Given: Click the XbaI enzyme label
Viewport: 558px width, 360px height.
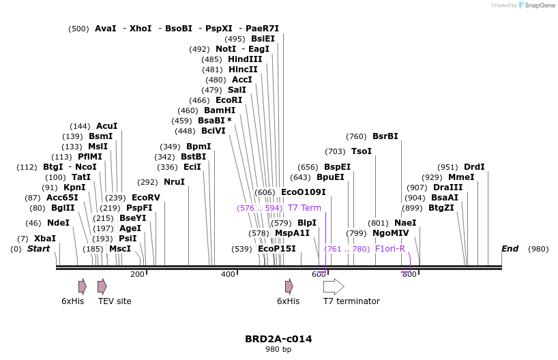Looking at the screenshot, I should (x=45, y=239).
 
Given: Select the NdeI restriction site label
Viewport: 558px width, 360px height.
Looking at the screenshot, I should (x=58, y=223).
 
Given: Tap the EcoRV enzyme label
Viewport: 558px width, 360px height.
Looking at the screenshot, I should (x=145, y=198).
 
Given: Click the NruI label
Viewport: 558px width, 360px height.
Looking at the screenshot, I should (x=174, y=182).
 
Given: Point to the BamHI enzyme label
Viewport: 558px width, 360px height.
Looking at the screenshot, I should (x=219, y=110).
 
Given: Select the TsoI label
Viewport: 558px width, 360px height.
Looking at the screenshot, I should (x=361, y=151).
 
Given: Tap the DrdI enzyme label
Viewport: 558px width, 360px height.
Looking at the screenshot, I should (x=474, y=167).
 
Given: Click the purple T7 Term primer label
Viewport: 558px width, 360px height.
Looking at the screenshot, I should (x=304, y=208).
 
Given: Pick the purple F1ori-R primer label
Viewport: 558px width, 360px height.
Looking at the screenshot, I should (x=390, y=249).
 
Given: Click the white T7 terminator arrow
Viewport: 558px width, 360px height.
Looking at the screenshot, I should (x=334, y=286).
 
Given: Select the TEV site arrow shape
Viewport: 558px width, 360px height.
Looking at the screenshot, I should (x=102, y=286).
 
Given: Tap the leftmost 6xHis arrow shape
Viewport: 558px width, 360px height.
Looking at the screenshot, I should (x=83, y=286).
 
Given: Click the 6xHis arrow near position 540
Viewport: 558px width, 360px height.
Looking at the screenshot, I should (x=289, y=286).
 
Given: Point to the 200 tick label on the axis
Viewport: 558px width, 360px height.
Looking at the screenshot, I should (x=137, y=274).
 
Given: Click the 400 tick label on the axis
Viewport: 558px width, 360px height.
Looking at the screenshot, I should (x=228, y=274).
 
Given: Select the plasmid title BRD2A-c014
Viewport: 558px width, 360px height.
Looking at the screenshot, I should (x=278, y=339).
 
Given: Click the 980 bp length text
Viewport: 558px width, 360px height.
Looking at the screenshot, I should (x=278, y=350).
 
